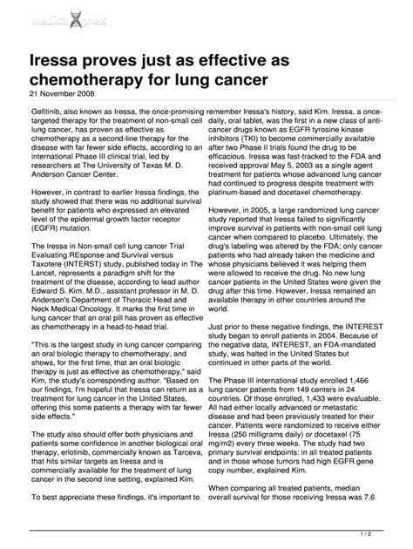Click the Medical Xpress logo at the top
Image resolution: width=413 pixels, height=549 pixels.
pos(67,20)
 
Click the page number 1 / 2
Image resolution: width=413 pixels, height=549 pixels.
pos(384,532)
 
